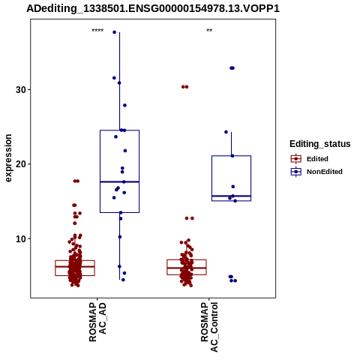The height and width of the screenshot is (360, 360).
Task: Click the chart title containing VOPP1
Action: tap(153, 9)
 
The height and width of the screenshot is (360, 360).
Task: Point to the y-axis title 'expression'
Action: tap(8, 158)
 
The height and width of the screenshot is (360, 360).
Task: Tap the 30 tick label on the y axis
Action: tap(21, 89)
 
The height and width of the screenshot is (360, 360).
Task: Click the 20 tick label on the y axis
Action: tap(21, 164)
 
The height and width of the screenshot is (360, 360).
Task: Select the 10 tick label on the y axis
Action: tap(21, 238)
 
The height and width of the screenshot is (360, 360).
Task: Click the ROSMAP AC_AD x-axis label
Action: tap(97, 322)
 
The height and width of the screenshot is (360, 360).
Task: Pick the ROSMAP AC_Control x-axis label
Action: tap(209, 327)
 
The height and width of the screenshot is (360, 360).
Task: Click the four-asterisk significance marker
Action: tap(97, 31)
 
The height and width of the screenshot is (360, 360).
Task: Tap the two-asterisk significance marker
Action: tap(209, 31)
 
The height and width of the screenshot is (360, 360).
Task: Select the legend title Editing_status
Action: tap(320, 144)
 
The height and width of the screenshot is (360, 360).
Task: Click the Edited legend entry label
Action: tap(317, 159)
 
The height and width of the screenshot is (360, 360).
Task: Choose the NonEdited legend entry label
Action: tap(325, 172)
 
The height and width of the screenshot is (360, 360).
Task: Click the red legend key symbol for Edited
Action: tap(296, 159)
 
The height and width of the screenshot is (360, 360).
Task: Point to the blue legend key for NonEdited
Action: tap(296, 172)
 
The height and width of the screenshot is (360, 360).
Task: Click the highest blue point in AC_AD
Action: tap(115, 32)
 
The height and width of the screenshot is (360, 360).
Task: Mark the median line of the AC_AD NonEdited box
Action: tap(119, 181)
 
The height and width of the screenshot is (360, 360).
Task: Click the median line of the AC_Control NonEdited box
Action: tap(231, 196)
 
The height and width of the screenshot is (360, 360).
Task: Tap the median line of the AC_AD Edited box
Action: tap(75, 266)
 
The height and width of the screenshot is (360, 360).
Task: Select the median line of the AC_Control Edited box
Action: tap(187, 268)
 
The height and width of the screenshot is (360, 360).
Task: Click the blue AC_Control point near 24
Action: tap(226, 132)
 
